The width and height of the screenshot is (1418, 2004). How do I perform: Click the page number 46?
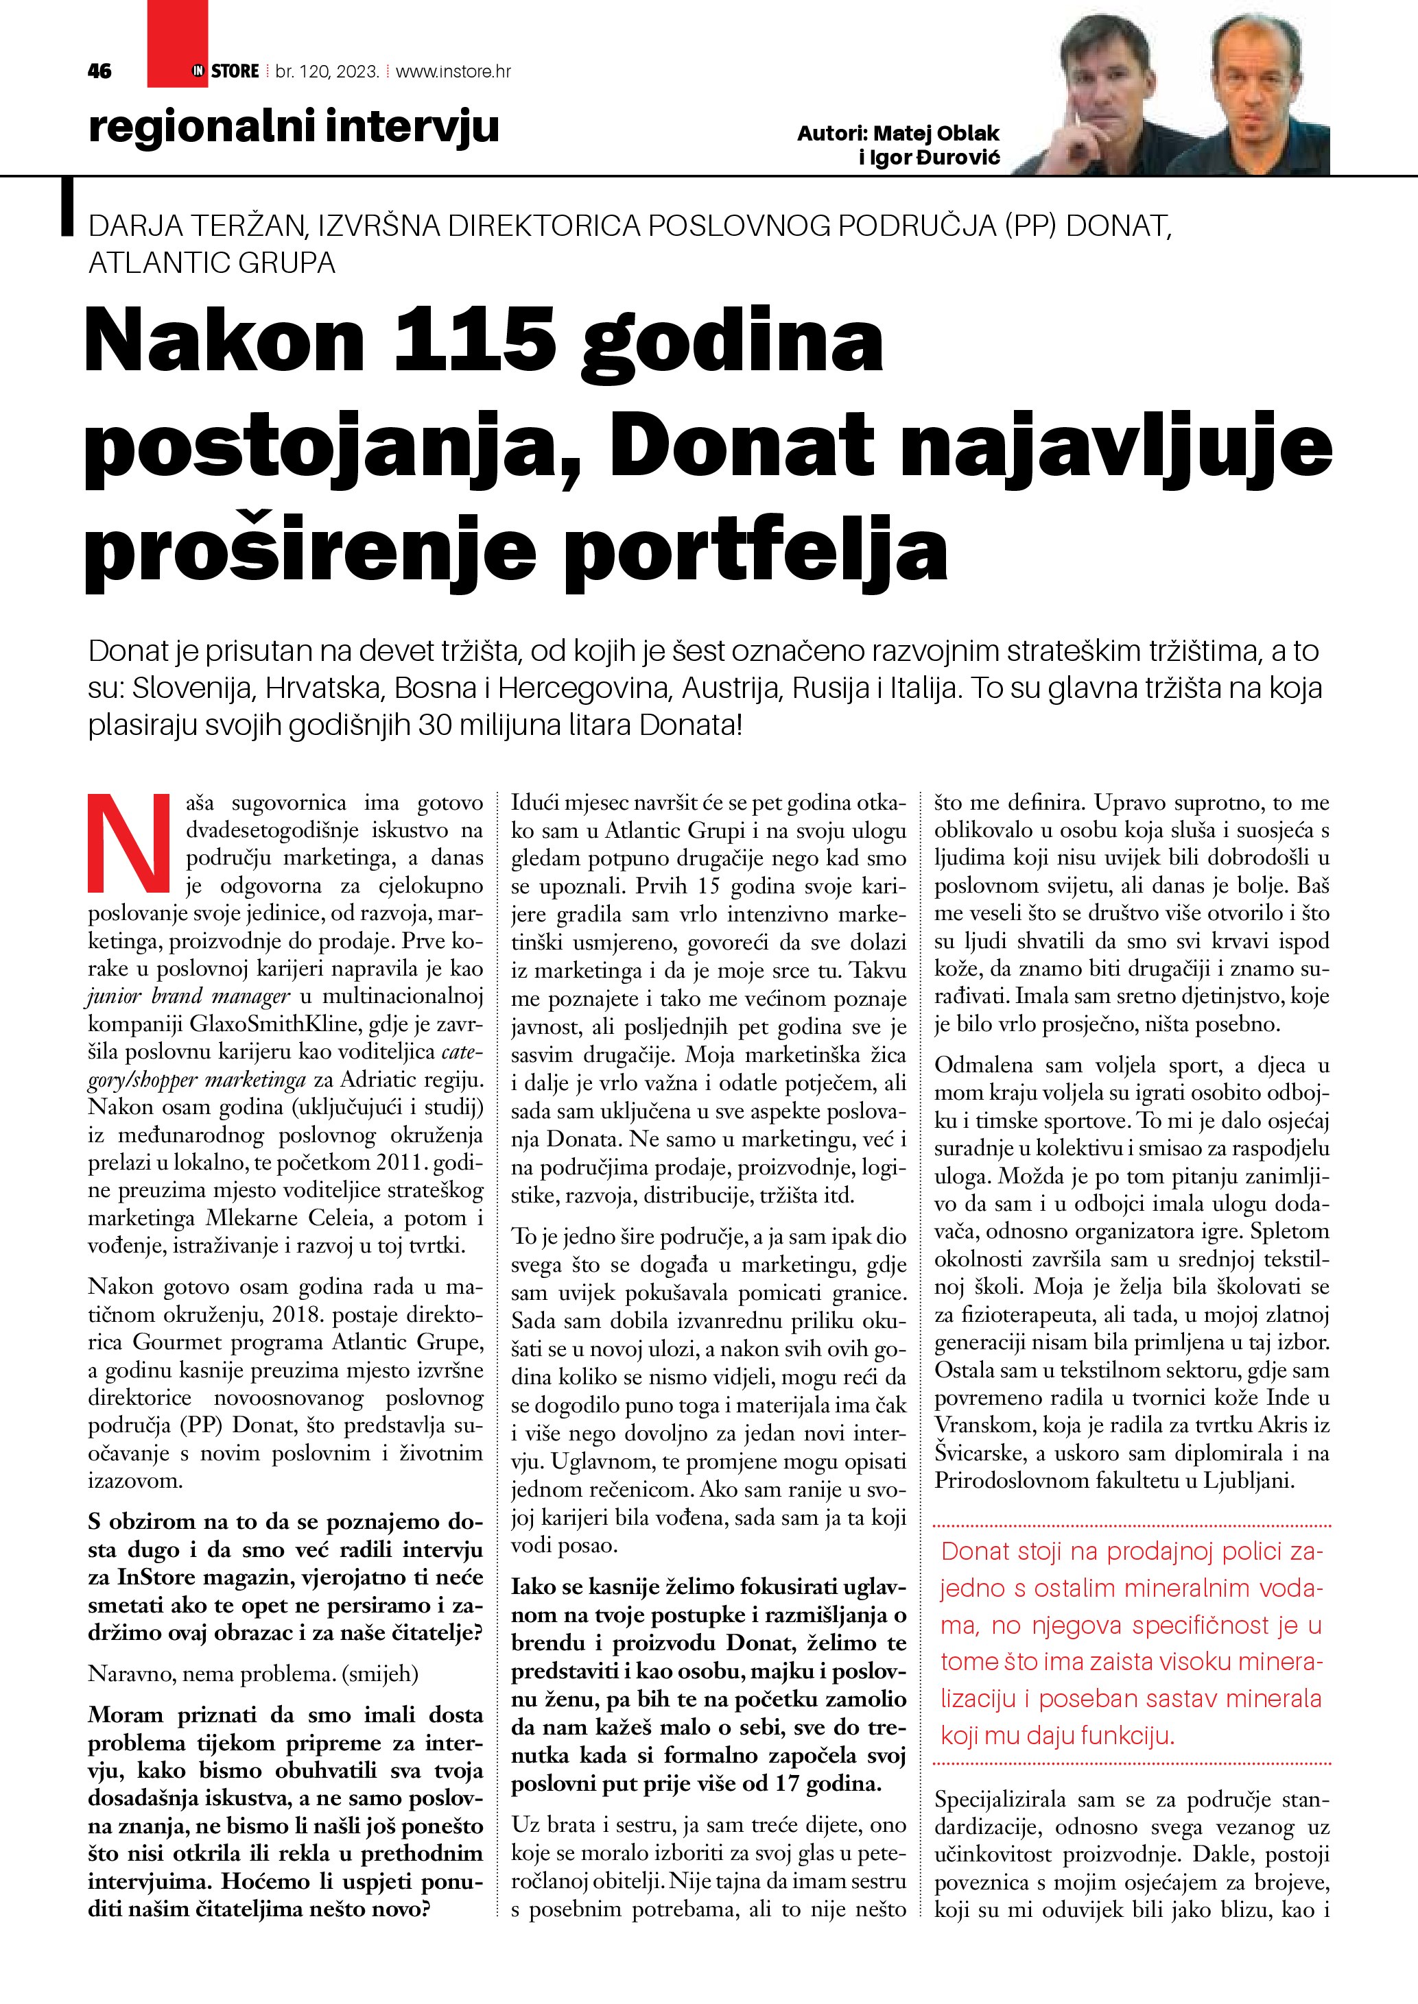(x=99, y=71)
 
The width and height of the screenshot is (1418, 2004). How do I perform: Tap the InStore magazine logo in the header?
(x=225, y=71)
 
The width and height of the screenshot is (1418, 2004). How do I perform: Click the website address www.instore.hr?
(x=453, y=71)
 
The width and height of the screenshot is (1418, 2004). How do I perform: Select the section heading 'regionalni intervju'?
(x=294, y=127)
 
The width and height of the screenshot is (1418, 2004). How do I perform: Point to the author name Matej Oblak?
(x=936, y=134)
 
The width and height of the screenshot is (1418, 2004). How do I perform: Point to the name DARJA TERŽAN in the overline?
(x=196, y=226)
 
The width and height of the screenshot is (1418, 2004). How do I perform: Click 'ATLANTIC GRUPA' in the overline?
(x=212, y=263)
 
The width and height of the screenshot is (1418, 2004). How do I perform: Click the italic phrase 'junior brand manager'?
(x=189, y=996)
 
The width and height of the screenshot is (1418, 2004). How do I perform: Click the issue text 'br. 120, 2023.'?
(x=327, y=71)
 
